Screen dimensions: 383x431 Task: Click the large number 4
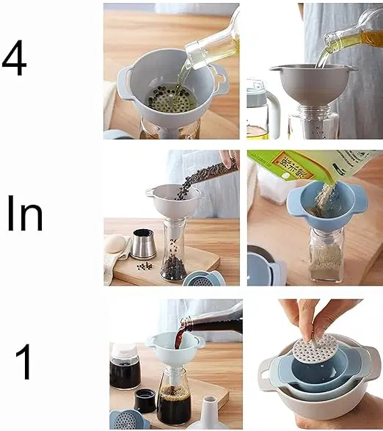(x=14, y=58)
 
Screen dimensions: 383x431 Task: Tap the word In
(x=25, y=214)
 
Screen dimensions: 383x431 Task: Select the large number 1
(x=23, y=362)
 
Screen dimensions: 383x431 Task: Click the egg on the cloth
(x=115, y=244)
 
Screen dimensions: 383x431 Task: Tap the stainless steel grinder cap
(x=142, y=245)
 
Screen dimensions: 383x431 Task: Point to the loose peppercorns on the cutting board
(x=145, y=266)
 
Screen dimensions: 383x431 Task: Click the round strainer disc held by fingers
(x=315, y=348)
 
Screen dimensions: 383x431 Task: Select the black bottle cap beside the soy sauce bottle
(x=145, y=401)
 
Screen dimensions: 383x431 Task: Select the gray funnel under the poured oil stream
(x=312, y=84)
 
